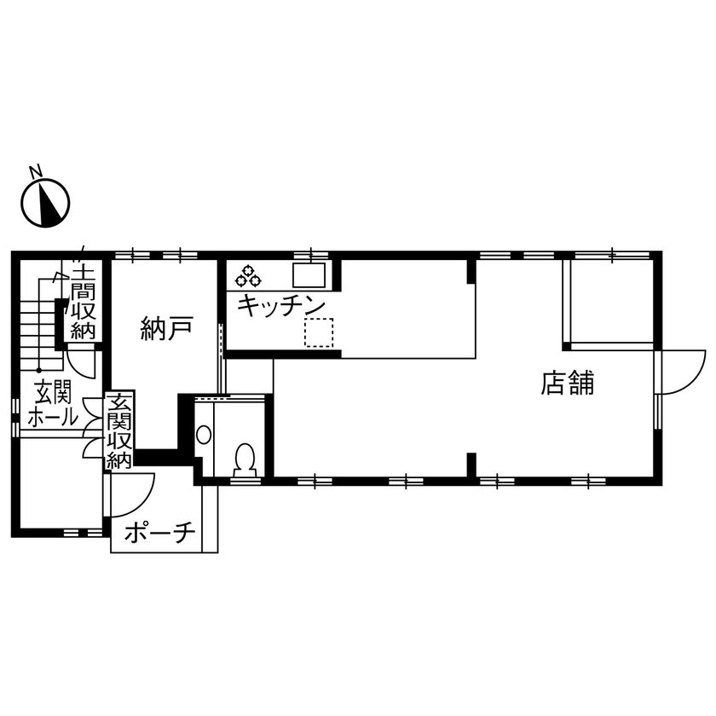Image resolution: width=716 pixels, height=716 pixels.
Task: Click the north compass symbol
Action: coord(45,203)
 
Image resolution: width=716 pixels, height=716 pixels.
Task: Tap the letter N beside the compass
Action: coord(36,170)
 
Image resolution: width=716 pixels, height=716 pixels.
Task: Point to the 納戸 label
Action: coord(166,328)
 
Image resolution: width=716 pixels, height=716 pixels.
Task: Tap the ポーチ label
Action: coord(160,532)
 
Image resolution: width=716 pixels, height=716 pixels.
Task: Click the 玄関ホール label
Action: coord(53,404)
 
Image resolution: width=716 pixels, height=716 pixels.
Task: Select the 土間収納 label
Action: coord(84,303)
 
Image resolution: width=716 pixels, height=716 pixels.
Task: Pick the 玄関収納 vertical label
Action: coord(119,430)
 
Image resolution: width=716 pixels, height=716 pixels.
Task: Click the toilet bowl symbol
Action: coord(245,459)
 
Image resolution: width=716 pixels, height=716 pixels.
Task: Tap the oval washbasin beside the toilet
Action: coord(204,435)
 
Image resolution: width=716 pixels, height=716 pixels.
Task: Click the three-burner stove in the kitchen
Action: coord(248,276)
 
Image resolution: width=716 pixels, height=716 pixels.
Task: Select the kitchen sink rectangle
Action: coord(309,275)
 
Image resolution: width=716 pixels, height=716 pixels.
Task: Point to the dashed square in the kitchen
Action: coord(319,332)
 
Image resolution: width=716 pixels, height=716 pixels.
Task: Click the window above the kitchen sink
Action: coord(311,255)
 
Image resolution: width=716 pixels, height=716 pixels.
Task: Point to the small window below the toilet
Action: coord(245,481)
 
